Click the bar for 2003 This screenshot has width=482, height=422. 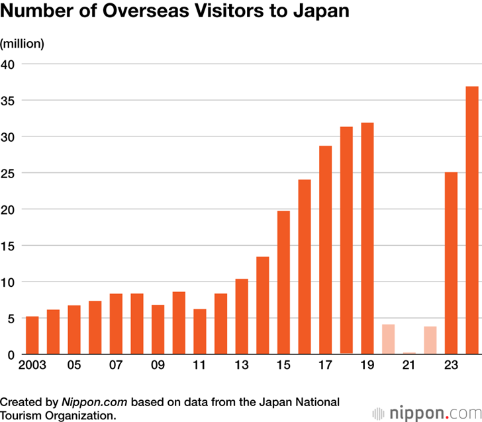[32, 335]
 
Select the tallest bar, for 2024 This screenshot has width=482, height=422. [472, 220]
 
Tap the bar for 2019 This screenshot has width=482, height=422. [367, 238]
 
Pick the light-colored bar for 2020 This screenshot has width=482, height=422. [388, 339]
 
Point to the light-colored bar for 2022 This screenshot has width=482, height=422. [430, 340]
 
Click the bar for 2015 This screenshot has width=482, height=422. [283, 282]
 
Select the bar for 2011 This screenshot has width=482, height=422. [200, 331]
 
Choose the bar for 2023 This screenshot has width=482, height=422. [451, 263]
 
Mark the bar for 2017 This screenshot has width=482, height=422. [325, 250]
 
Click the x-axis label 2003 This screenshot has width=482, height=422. [32, 365]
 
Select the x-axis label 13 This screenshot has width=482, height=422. [242, 365]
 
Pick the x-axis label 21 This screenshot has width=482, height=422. [409, 365]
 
